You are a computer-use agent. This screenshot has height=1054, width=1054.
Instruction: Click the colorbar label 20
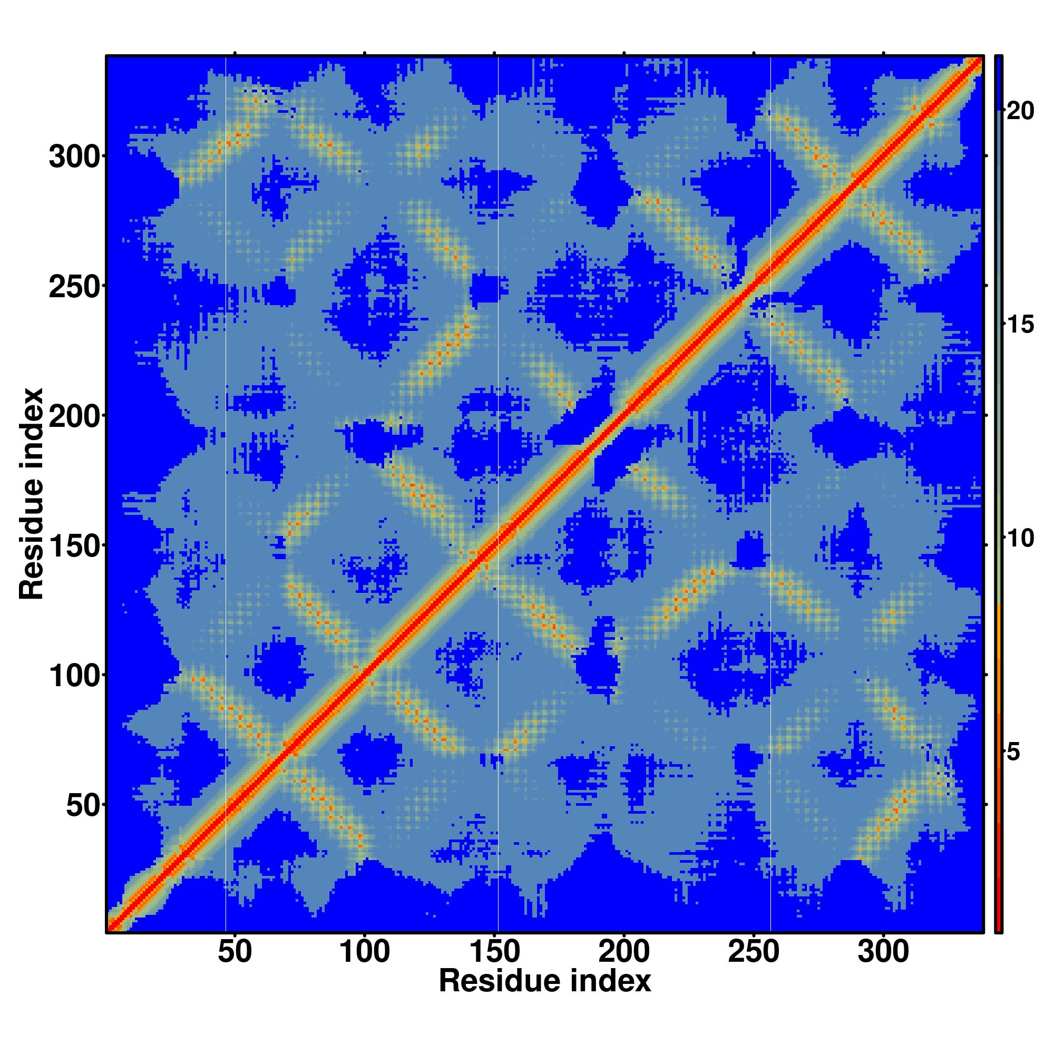tap(1020, 111)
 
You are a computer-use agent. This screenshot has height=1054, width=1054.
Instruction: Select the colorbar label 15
tap(1020, 325)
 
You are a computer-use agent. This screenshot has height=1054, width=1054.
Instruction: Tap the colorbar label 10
tap(1020, 539)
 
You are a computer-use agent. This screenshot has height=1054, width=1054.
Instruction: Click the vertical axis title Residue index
tap(32, 494)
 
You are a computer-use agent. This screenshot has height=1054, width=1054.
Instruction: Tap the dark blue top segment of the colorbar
tap(998, 82)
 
